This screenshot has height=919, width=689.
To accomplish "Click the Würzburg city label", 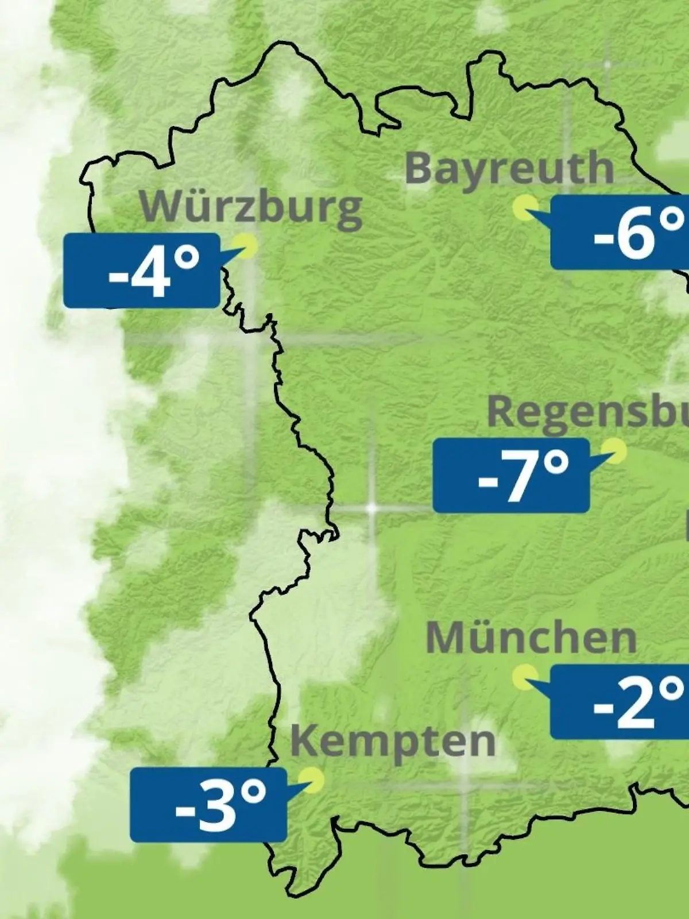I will point(251,207).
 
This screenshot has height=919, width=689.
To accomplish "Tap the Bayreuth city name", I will point(509,168).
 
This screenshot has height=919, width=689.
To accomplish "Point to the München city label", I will point(531,638).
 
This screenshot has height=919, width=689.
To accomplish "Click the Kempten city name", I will point(393,741).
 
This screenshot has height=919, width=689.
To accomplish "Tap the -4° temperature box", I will point(141,271).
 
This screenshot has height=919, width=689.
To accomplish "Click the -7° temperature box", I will point(511,475).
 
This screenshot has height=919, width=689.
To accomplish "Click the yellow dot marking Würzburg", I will point(248,246).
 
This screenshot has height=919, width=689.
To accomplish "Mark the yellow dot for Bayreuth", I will point(525,207).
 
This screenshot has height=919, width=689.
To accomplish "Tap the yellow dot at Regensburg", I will point(614,451).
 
